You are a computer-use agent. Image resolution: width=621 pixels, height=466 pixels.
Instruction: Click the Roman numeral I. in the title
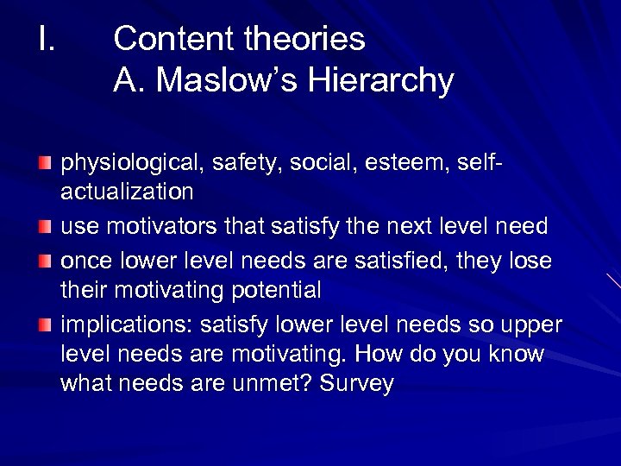(47, 39)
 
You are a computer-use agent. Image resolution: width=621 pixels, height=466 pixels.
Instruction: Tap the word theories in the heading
(304, 39)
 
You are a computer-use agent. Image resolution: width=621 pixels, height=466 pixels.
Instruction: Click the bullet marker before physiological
(44, 163)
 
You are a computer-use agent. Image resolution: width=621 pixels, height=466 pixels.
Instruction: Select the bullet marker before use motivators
(44, 227)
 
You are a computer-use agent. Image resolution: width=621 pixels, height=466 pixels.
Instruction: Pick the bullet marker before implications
(44, 324)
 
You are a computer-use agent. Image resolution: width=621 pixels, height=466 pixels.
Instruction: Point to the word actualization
(127, 190)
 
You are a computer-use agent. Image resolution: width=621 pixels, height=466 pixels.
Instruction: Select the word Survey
(357, 384)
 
